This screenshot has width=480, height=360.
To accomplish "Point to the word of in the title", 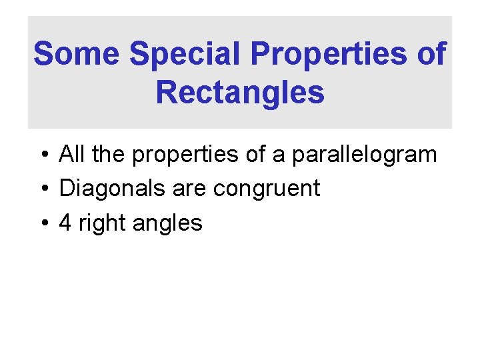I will click(x=431, y=53).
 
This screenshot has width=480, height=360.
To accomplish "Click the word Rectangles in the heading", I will click(x=240, y=93).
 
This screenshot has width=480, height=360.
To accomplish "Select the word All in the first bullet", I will click(x=73, y=154).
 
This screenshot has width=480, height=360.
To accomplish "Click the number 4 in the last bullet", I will click(x=65, y=223).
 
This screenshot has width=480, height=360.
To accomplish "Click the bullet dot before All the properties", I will click(x=42, y=155).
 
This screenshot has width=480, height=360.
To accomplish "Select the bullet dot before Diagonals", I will click(x=42, y=189).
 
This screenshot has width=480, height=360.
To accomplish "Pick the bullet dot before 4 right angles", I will click(x=42, y=223).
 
